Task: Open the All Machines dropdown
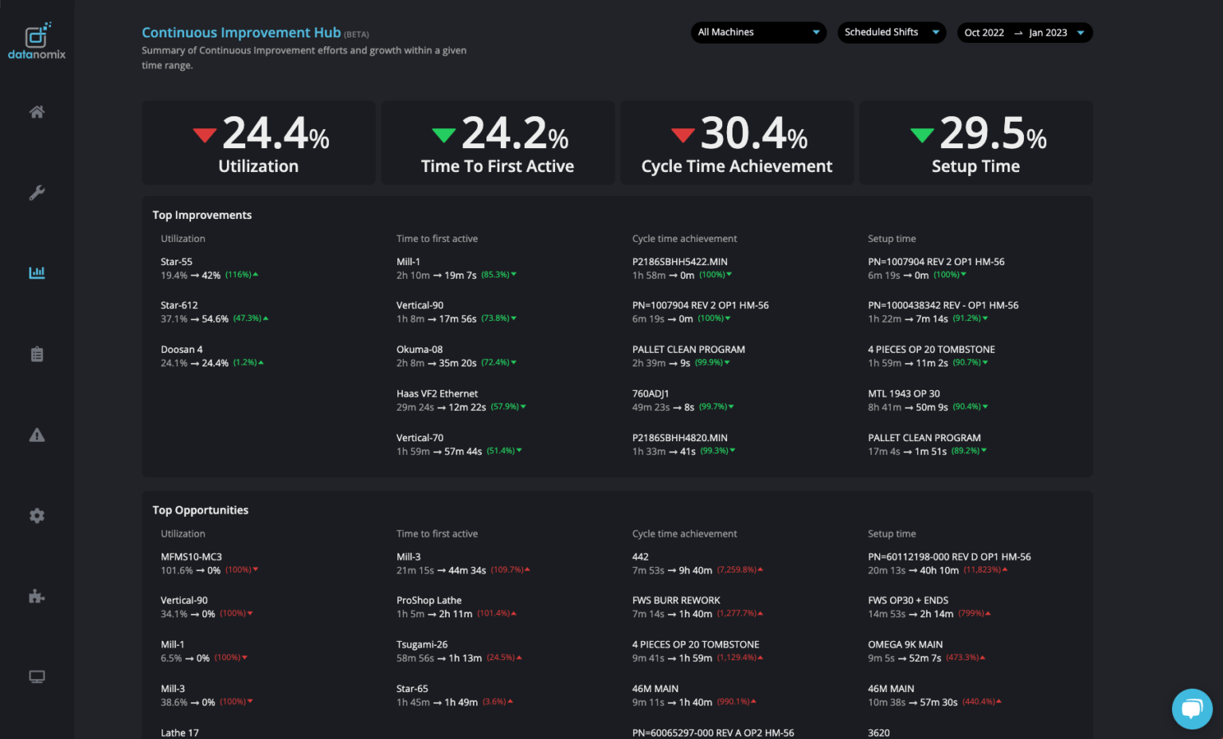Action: [x=758, y=33]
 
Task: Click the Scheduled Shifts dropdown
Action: [x=891, y=33]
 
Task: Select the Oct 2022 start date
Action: [x=984, y=33]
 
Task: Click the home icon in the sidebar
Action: [x=37, y=112]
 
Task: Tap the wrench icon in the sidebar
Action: [x=37, y=193]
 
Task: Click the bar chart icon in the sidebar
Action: [x=37, y=273]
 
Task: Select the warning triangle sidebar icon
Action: [x=37, y=435]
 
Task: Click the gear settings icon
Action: [x=37, y=516]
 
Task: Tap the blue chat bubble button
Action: [x=1191, y=708]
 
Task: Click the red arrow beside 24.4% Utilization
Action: [x=205, y=135]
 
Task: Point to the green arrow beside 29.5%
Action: [x=922, y=135]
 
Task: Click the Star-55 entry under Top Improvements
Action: [x=177, y=262]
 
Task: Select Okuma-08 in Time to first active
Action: [x=420, y=350]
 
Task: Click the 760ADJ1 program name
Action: [x=651, y=394]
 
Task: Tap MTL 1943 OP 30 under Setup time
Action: [x=904, y=394]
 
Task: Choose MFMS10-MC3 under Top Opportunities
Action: [x=191, y=557]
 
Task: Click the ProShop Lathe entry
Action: [x=429, y=600]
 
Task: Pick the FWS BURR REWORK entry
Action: [x=676, y=600]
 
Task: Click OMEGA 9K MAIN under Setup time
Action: [x=905, y=645]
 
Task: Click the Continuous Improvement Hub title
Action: [x=241, y=33]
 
